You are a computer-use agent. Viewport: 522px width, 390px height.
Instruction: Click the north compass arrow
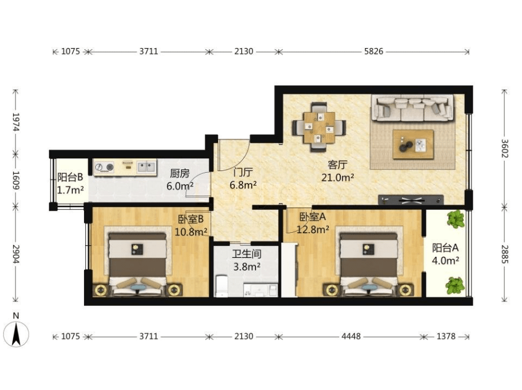click(16, 334)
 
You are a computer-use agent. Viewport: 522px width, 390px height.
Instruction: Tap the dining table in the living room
click(319, 128)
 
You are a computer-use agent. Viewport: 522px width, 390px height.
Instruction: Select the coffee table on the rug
click(413, 144)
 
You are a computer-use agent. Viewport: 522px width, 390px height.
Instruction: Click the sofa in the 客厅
click(412, 108)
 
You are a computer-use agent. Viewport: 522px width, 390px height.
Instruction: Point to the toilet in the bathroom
click(221, 285)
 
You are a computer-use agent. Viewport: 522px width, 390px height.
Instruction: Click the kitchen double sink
click(146, 166)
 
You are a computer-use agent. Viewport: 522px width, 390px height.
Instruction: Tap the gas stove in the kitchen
click(104, 167)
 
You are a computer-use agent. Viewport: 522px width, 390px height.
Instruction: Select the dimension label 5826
click(373, 51)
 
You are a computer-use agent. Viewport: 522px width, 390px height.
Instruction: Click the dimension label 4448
click(351, 336)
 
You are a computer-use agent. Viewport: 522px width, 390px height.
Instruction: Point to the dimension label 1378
click(446, 336)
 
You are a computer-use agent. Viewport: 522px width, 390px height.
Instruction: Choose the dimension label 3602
click(505, 148)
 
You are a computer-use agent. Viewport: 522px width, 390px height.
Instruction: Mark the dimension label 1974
click(15, 122)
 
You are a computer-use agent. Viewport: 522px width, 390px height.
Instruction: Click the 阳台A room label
click(445, 248)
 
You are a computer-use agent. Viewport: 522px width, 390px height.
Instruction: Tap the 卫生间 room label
click(246, 254)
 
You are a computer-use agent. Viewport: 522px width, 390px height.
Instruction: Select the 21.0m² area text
click(337, 177)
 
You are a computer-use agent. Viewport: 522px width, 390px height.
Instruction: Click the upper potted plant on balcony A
click(456, 219)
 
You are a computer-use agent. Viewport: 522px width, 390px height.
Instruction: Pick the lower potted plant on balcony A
click(455, 285)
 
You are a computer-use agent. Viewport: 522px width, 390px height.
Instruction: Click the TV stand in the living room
click(411, 200)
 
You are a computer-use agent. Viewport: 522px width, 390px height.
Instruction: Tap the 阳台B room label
click(70, 177)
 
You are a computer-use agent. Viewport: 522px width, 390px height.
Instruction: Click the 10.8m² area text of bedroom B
click(191, 231)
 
